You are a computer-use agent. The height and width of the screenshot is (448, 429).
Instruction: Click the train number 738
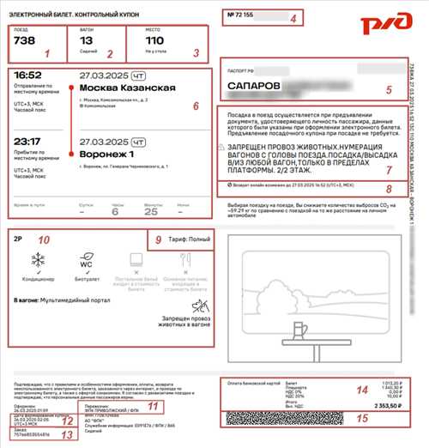point(25,40)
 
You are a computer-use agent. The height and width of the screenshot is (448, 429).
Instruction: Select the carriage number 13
point(86,40)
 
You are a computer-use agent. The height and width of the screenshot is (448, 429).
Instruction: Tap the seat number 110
point(155,40)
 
